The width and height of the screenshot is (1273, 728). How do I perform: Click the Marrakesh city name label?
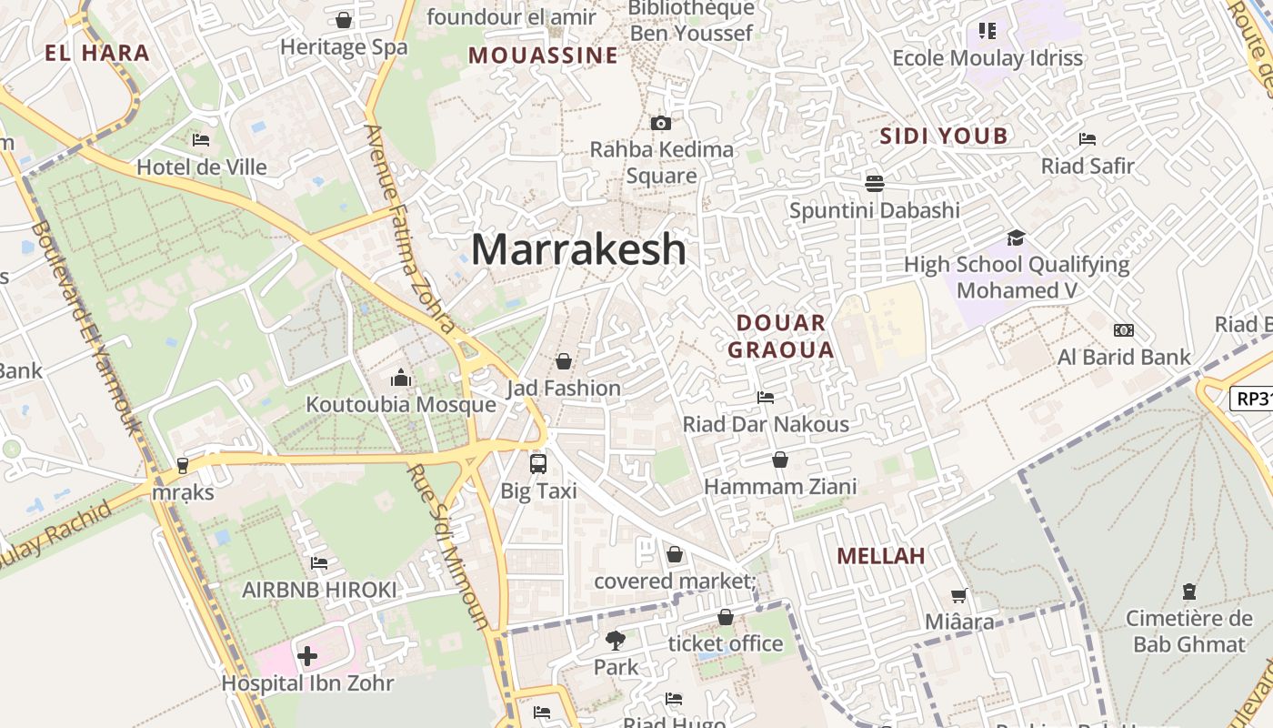[x=578, y=249]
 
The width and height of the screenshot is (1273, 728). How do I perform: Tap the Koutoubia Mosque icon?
[x=401, y=377]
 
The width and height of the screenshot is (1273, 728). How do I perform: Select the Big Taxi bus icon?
[x=538, y=463]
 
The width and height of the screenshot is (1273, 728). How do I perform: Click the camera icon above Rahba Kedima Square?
[x=661, y=123]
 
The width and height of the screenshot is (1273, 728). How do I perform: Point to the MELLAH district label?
[x=880, y=556]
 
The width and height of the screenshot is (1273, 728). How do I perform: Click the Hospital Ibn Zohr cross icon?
[x=307, y=655]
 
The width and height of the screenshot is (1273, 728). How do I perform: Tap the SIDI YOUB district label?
[x=944, y=136]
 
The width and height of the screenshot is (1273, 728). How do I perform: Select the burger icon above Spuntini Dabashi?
[x=875, y=184]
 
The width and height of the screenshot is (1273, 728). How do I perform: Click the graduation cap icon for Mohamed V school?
[x=1016, y=238]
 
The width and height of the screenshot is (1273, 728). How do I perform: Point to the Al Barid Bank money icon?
[x=1124, y=330]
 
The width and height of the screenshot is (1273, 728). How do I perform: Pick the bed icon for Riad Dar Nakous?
[x=766, y=398]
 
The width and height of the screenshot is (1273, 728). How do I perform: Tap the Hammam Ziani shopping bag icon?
[x=780, y=460]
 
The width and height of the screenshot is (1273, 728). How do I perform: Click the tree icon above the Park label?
[x=616, y=641]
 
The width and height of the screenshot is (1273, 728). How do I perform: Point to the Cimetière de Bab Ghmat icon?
[x=1188, y=591]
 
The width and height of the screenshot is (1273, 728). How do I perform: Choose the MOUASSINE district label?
[x=543, y=56]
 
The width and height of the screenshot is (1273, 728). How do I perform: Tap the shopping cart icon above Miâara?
[x=959, y=596]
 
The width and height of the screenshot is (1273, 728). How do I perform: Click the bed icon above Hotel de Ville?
[x=201, y=140]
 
